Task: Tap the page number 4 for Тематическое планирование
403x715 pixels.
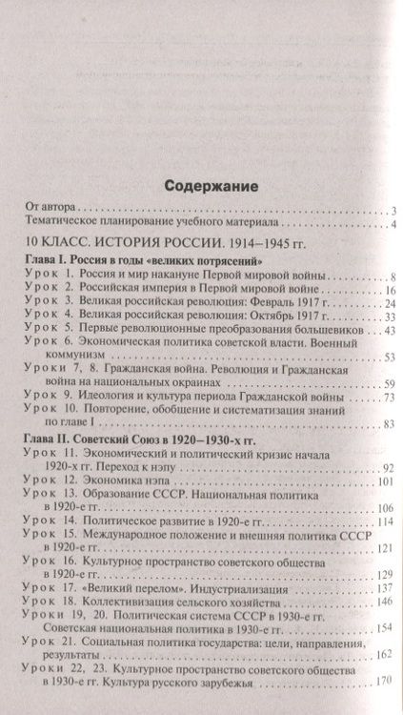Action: click(x=391, y=225)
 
